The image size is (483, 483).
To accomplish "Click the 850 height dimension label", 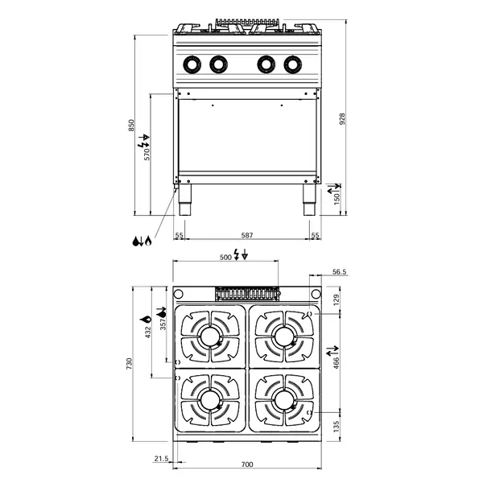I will [x=131, y=126].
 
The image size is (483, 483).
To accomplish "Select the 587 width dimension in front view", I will [x=247, y=235].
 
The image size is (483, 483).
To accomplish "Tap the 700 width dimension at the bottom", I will [x=247, y=464].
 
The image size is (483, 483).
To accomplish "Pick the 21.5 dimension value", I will [x=160, y=459].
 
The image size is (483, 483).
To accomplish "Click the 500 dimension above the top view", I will [x=225, y=258].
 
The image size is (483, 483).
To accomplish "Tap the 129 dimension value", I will [x=337, y=299].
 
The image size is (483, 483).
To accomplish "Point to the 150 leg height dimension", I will [x=337, y=198].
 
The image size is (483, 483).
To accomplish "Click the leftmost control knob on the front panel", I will [x=193, y=64].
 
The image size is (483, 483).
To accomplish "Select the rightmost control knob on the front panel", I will [x=292, y=64].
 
